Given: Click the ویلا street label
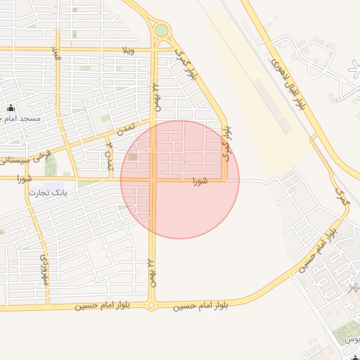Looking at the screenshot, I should tap(127, 51).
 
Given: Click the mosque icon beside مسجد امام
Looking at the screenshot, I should tap(11, 108).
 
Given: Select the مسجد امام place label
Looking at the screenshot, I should tap(22, 118).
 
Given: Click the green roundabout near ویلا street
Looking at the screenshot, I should tap(162, 30).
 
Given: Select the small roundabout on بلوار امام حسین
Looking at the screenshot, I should tap(151, 305).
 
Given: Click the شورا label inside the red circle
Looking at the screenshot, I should tap(200, 181).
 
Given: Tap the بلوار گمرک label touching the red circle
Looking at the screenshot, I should tap(226, 145).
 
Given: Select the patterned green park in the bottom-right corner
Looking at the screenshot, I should tap(346, 330).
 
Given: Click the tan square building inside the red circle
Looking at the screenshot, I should tap(134, 157).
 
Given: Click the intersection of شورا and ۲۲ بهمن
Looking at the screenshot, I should tap(152, 180).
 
